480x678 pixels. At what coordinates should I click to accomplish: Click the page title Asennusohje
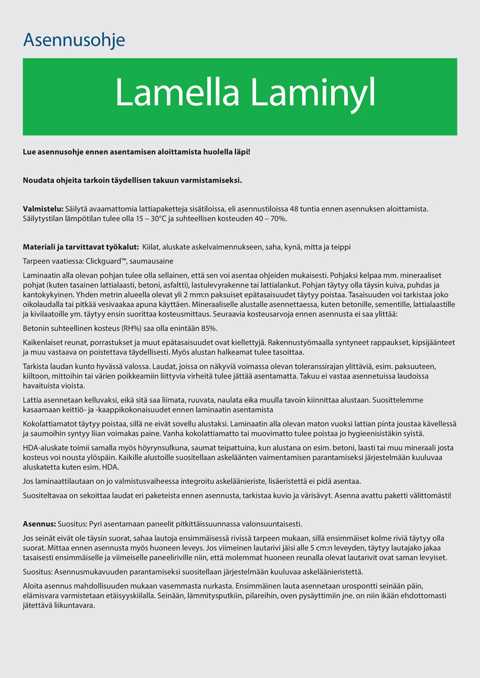click(x=74, y=41)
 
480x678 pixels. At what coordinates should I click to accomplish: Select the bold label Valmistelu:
click(x=43, y=208)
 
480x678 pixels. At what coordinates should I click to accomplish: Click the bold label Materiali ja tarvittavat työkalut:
click(x=81, y=247)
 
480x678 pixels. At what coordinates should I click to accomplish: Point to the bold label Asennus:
click(x=40, y=524)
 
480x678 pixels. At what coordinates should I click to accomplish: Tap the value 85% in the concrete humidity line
click(x=209, y=328)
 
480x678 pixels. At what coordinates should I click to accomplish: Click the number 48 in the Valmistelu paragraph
click(x=295, y=208)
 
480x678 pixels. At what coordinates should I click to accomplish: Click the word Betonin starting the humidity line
click(x=37, y=328)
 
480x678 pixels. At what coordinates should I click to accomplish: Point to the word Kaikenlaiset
click(x=45, y=343)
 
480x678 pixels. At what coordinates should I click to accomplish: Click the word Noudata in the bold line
click(x=40, y=181)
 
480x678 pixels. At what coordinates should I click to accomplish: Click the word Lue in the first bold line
click(x=30, y=152)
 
